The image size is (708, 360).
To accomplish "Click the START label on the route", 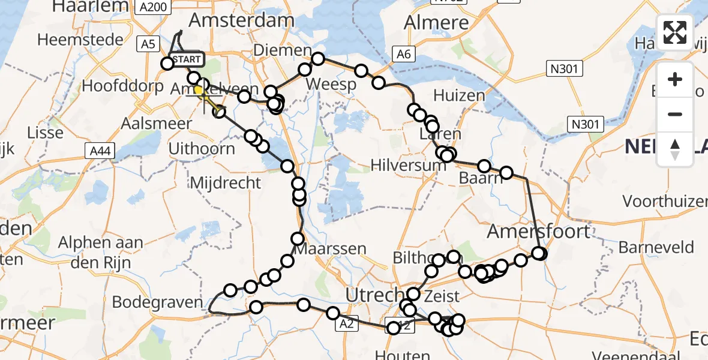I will [x=187, y=59].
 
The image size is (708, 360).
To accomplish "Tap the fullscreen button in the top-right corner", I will [x=675, y=32].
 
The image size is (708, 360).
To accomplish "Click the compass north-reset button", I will [x=675, y=149].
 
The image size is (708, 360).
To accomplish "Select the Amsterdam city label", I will [x=242, y=20].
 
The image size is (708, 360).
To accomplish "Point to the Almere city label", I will [x=436, y=23].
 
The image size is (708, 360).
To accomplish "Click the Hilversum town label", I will [x=409, y=164].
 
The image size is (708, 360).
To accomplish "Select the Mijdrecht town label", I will [x=226, y=182].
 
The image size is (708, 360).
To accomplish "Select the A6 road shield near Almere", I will [x=403, y=55].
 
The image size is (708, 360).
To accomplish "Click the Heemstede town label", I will [x=80, y=40].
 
